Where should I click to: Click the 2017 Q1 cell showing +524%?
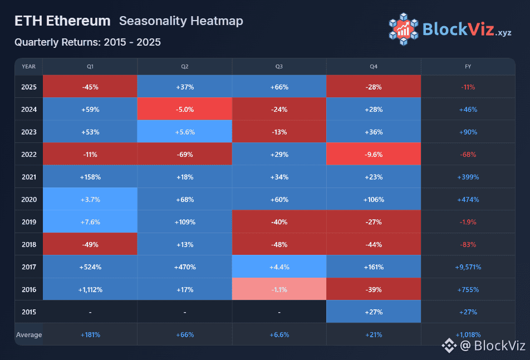click(x=90, y=267)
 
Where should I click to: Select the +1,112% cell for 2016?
click(x=90, y=289)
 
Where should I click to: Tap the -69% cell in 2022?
click(x=184, y=154)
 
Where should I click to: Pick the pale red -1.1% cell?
click(x=279, y=289)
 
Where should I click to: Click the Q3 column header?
click(x=279, y=67)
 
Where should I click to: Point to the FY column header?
click(x=468, y=67)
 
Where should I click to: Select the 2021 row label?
click(x=28, y=177)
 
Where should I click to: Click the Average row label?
click(x=28, y=335)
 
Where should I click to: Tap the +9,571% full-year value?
click(x=468, y=267)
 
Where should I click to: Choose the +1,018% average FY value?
click(x=468, y=335)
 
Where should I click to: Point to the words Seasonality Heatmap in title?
click(x=181, y=21)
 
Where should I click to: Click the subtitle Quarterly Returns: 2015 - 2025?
click(x=87, y=42)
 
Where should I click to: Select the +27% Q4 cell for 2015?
click(x=374, y=312)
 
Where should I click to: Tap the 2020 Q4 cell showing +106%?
click(x=374, y=199)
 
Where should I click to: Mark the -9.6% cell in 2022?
click(x=374, y=154)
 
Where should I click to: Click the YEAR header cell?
click(x=28, y=67)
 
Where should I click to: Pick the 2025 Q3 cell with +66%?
click(x=279, y=87)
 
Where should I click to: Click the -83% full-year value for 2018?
click(x=468, y=244)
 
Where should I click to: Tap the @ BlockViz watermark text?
click(x=492, y=346)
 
